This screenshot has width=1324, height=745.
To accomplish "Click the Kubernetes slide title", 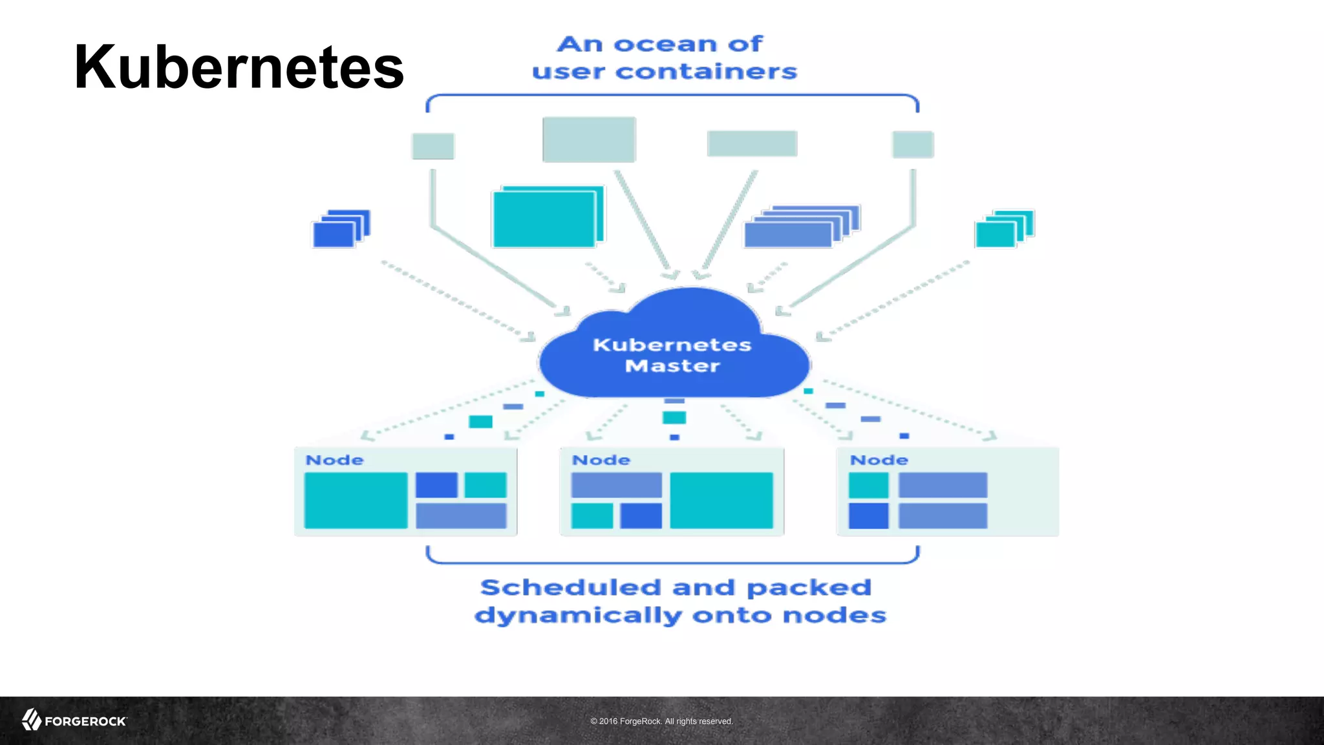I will pyautogui.click(x=239, y=67).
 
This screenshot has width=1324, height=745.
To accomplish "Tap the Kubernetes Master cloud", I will pyautogui.click(x=673, y=354).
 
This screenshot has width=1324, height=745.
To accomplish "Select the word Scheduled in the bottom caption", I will pyautogui.click(x=571, y=588).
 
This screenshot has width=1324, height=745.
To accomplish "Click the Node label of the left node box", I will pyautogui.click(x=334, y=460).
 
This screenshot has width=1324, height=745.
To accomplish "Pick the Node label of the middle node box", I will pyautogui.click(x=601, y=460).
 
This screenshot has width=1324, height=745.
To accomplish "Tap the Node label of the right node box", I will pyautogui.click(x=879, y=460).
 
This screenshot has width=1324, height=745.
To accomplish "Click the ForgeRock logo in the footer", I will pyautogui.click(x=74, y=720).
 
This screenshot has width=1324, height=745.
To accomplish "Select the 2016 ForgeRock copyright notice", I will pyautogui.click(x=661, y=721).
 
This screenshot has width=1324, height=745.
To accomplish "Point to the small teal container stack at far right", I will pyautogui.click(x=1003, y=229).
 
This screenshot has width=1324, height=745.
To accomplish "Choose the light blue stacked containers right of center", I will pyautogui.click(x=800, y=228).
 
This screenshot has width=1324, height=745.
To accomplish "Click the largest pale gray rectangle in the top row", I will pyautogui.click(x=589, y=139).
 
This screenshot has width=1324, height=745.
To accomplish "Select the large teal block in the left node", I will pyautogui.click(x=356, y=501).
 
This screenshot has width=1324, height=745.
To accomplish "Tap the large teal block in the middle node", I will pyautogui.click(x=721, y=501).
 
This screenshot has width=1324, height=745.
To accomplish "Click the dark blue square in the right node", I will pyautogui.click(x=868, y=516).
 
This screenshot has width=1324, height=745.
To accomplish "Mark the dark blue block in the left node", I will pyautogui.click(x=436, y=485).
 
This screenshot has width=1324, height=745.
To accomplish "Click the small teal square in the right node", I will pyautogui.click(x=868, y=485).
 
